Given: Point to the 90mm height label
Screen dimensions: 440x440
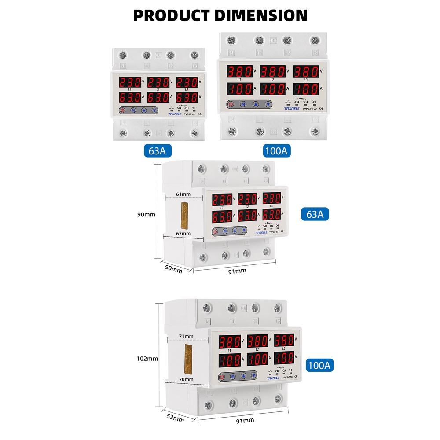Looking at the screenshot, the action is click(x=147, y=215).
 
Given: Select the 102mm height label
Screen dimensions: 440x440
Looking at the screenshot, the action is click(x=147, y=359).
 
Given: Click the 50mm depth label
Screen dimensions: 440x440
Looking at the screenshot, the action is click(x=173, y=268).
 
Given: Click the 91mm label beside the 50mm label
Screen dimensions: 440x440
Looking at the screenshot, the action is click(x=238, y=271).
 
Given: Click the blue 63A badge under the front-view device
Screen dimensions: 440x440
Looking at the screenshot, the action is click(x=157, y=151).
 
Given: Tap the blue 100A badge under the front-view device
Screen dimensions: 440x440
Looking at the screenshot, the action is click(x=276, y=151).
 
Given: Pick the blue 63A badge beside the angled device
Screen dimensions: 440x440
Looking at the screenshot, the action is click(x=315, y=214).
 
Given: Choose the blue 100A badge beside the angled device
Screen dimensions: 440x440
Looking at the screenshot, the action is click(x=320, y=365).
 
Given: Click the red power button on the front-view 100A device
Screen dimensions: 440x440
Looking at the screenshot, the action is click(x=230, y=104).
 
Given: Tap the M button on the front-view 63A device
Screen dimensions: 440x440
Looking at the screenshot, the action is click(x=132, y=110).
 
